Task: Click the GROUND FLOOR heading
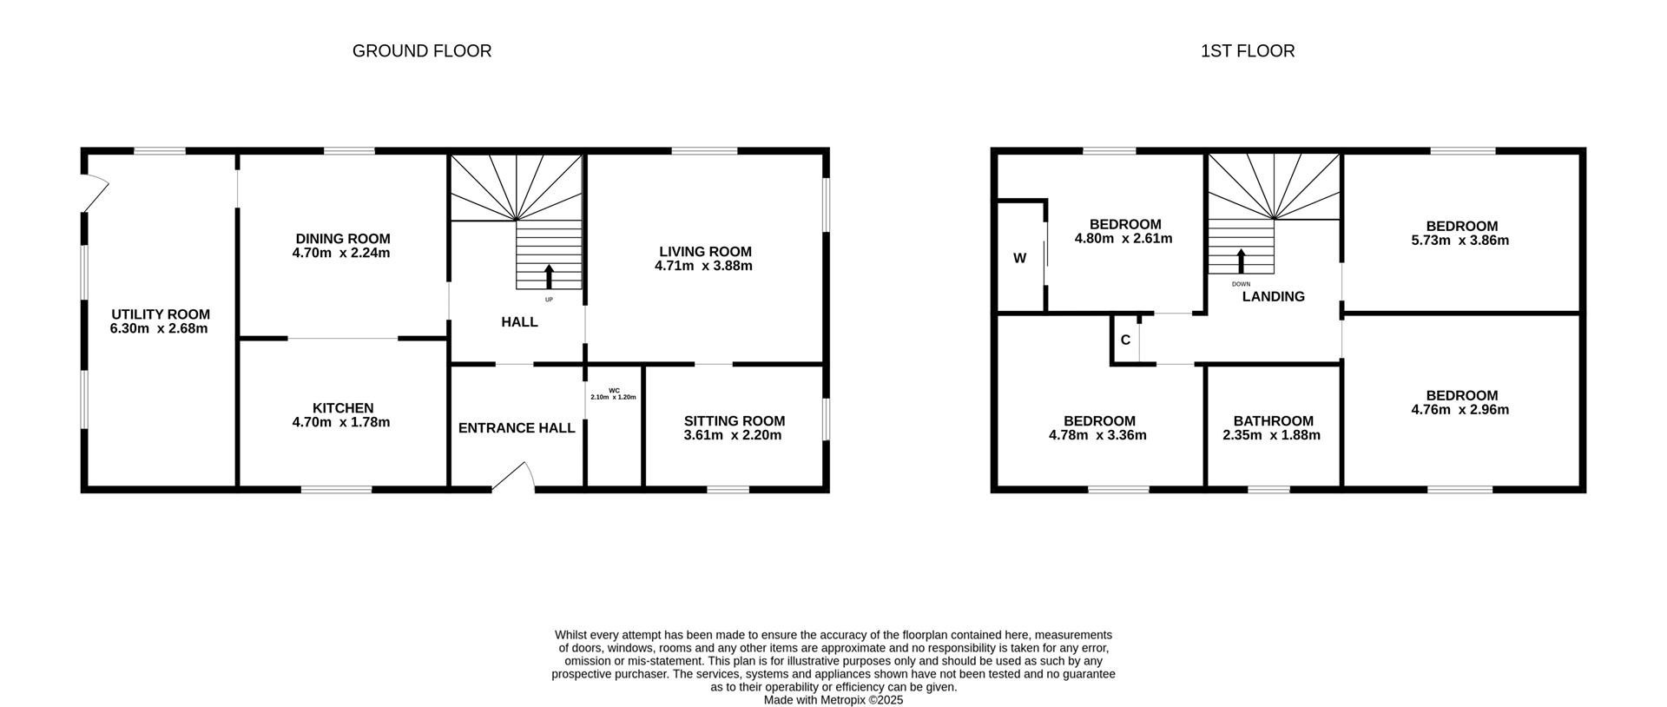(422, 51)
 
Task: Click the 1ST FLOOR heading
(1248, 51)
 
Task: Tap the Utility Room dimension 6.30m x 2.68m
(159, 329)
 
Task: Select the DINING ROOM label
(343, 239)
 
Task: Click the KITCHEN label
(343, 408)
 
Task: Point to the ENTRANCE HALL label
(517, 428)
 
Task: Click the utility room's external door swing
(96, 194)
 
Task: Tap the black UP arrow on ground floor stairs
(549, 276)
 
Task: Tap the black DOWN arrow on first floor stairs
(1241, 261)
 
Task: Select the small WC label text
(614, 390)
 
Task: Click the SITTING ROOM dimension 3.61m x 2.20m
(733, 435)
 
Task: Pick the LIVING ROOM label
(704, 252)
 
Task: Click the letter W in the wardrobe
(1020, 258)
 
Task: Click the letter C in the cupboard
(1125, 340)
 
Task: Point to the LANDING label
(1273, 297)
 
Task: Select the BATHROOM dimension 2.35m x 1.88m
(1271, 435)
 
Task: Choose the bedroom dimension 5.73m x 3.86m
(1459, 241)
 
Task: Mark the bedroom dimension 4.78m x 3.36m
(1097, 435)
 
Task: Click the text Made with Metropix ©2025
(833, 699)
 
